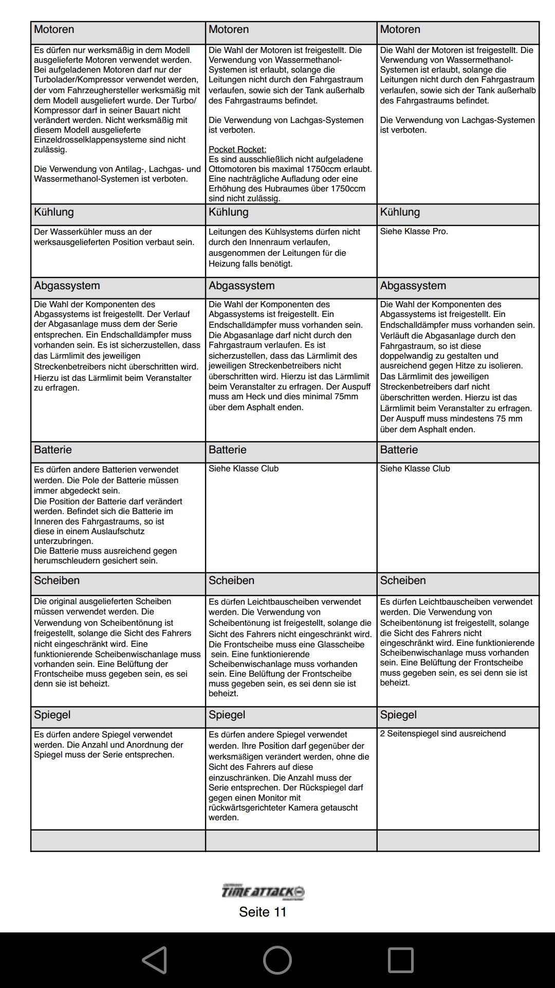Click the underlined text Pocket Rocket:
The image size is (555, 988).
[x=237, y=149]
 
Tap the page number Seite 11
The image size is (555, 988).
[x=263, y=912]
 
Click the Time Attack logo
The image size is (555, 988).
[x=263, y=891]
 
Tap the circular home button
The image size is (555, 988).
[x=277, y=960]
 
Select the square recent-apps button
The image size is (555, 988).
[x=401, y=960]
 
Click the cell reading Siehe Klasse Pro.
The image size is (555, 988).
[x=414, y=232]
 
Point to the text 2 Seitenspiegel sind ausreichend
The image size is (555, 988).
[x=443, y=734]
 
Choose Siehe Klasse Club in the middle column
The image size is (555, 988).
[x=244, y=469]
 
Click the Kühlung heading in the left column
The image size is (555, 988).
[x=54, y=212]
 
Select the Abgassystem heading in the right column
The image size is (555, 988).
[x=413, y=286]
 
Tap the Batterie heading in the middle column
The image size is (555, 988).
[x=228, y=450]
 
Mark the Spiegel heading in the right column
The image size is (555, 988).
[x=398, y=715]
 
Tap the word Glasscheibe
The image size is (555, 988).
[x=341, y=645]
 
